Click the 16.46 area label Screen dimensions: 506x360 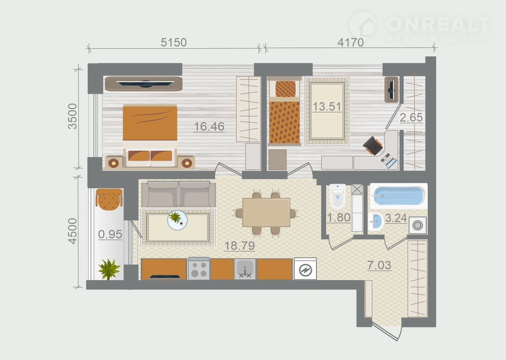pyautogui.click(x=209, y=127)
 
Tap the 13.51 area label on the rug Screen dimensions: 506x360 pyautogui.click(x=327, y=106)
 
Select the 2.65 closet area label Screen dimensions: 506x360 pyautogui.click(x=411, y=117)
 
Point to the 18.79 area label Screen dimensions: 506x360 pyautogui.click(x=240, y=246)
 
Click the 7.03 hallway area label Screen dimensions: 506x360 pyautogui.click(x=379, y=265)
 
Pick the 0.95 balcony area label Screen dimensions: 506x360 pyautogui.click(x=110, y=234)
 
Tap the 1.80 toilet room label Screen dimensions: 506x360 pyautogui.click(x=339, y=218)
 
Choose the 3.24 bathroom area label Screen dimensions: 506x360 pyautogui.click(x=396, y=218)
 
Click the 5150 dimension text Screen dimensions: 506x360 pyautogui.click(x=174, y=42)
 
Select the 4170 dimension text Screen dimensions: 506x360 pyautogui.click(x=351, y=42)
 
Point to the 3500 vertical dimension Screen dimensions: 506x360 pyautogui.click(x=72, y=116)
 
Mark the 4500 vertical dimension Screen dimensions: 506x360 pyautogui.click(x=72, y=231)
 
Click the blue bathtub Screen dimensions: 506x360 pyautogui.click(x=399, y=196)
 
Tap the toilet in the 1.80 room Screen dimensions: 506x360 pyautogui.click(x=338, y=196)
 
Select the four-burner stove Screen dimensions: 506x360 pyautogui.click(x=199, y=269)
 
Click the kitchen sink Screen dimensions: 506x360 pyautogui.click(x=245, y=269)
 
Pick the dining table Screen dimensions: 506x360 pyautogui.click(x=266, y=212)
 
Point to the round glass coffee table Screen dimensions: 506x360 pyautogui.click(x=177, y=220)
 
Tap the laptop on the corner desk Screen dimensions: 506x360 pyautogui.click(x=389, y=161)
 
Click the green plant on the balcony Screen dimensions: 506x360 pyautogui.click(x=109, y=269)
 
